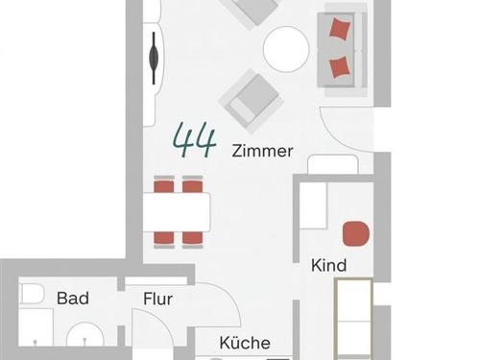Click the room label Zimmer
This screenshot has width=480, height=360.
[262, 151]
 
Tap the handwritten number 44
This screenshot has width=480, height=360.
[194, 140]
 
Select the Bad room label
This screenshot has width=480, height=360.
[73, 299]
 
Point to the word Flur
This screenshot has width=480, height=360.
[157, 299]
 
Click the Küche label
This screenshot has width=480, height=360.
[245, 343]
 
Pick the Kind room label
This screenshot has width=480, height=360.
[328, 265]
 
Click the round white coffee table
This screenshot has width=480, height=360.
[286, 49]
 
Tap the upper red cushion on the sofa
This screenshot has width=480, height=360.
[340, 29]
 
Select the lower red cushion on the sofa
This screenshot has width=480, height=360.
[339, 67]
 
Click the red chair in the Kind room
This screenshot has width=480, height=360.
[356, 233]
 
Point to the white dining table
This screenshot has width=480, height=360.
[177, 212]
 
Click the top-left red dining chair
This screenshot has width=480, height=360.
[164, 184]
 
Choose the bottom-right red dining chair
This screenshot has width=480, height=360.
[192, 240]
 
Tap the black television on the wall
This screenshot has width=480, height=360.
[154, 58]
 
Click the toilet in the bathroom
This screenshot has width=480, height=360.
[32, 294]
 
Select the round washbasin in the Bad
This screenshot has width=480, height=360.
[85, 335]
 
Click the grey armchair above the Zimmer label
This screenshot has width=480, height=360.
[251, 101]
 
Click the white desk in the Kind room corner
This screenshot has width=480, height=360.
[313, 205]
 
